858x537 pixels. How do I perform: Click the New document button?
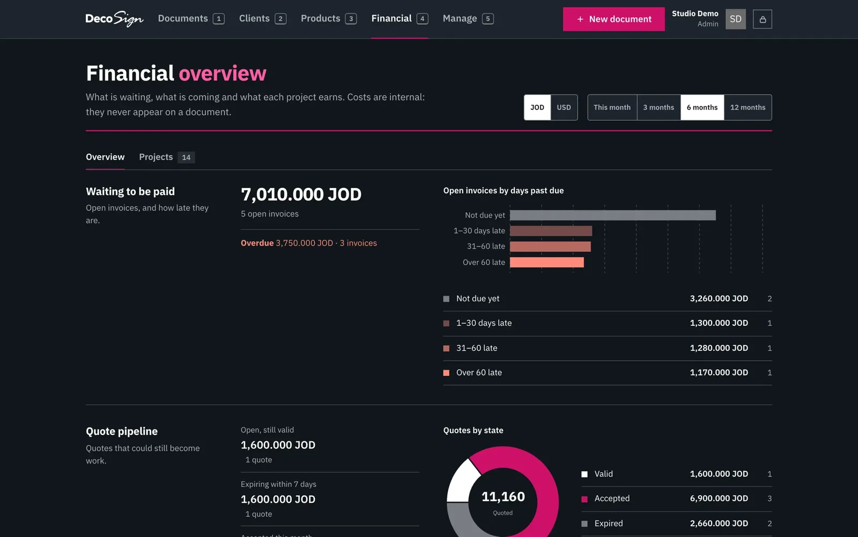click(613, 19)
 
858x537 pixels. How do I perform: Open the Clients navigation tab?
click(262, 18)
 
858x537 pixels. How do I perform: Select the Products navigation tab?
click(329, 18)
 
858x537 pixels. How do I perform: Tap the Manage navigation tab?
click(468, 18)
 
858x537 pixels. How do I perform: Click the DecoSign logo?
click(115, 19)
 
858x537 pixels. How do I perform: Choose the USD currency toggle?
click(564, 107)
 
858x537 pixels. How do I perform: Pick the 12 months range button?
click(748, 107)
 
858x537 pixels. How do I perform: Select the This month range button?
click(612, 107)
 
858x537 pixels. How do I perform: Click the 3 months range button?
click(659, 107)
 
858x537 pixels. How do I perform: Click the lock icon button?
click(762, 19)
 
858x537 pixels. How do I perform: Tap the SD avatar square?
click(735, 19)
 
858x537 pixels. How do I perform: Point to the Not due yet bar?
click(612, 215)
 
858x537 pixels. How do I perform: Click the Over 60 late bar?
click(547, 263)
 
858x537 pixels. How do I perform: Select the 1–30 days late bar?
click(551, 231)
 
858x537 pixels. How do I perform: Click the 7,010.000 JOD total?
click(301, 194)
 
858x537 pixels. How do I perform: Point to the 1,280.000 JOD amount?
click(719, 348)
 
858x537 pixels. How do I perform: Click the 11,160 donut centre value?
click(503, 497)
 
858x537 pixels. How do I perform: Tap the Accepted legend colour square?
click(585, 499)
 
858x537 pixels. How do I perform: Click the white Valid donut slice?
click(462, 481)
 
